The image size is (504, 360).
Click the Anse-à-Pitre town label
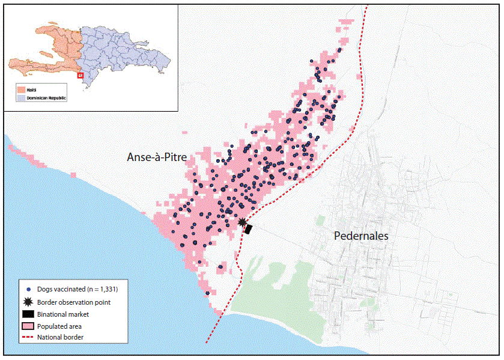pos(157,157)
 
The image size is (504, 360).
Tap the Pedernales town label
pos(361,236)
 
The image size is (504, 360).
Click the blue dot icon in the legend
pos(28,290)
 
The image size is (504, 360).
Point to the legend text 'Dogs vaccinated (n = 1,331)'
pos(82,290)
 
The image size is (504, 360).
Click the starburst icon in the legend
pos(28,302)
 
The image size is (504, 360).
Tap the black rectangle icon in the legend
pos(28,314)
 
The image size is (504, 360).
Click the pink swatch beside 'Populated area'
pos(28,326)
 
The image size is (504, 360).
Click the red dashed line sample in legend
pos(28,337)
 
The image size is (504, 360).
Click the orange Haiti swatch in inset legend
pos(21,90)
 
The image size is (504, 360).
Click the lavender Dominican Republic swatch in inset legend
pos(21,97)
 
